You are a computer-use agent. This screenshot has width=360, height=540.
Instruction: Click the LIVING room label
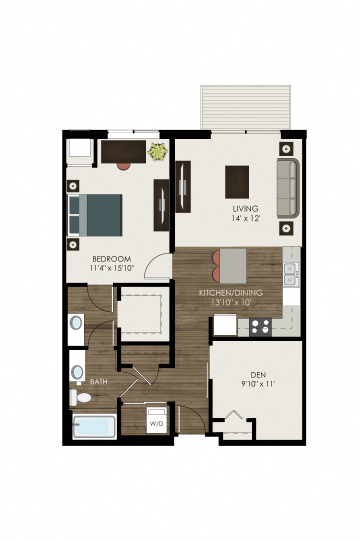point(245,208)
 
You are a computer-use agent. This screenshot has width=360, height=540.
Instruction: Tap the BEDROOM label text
point(111,259)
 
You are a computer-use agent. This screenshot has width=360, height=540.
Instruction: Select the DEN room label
point(258,374)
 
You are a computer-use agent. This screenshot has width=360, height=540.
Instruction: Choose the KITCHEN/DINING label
point(231,293)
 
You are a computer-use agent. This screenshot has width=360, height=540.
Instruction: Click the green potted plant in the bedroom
point(158,151)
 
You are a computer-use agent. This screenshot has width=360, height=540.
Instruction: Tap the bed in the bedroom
point(95,215)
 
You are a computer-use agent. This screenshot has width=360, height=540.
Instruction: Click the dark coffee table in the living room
point(237,181)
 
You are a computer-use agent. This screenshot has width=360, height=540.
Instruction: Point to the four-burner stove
point(260,326)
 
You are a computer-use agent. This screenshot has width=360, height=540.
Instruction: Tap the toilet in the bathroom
point(80,398)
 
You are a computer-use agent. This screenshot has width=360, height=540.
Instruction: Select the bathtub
point(94,426)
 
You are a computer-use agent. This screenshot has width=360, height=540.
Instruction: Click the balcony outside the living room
point(245,107)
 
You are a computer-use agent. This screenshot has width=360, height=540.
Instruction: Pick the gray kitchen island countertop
point(233,265)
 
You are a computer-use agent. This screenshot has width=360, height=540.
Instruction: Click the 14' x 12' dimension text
point(245,218)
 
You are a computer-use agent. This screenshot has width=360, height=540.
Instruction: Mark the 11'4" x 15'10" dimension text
point(111,268)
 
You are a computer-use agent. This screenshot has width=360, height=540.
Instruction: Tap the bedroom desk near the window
point(123,151)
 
